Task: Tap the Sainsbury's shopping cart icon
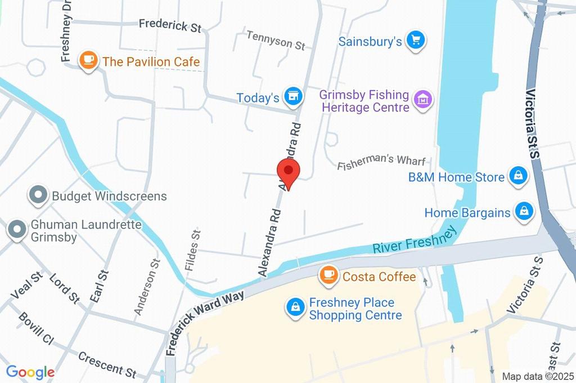416,41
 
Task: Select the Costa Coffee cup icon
328,275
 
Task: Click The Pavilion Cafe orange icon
88,60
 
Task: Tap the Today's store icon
293,97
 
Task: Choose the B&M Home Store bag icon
517,176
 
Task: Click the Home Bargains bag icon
524,212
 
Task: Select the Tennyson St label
276,40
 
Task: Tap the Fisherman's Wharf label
381,162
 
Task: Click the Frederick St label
170,25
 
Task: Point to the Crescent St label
107,364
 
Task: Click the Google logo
30,372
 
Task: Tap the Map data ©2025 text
537,376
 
